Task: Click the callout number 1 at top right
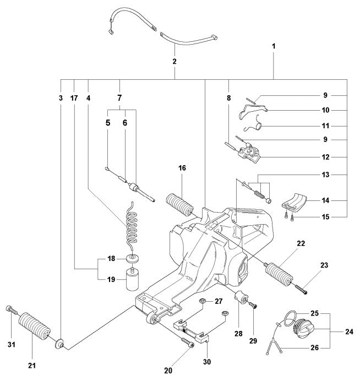274,47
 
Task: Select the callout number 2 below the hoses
174,62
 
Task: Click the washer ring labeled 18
133,259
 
